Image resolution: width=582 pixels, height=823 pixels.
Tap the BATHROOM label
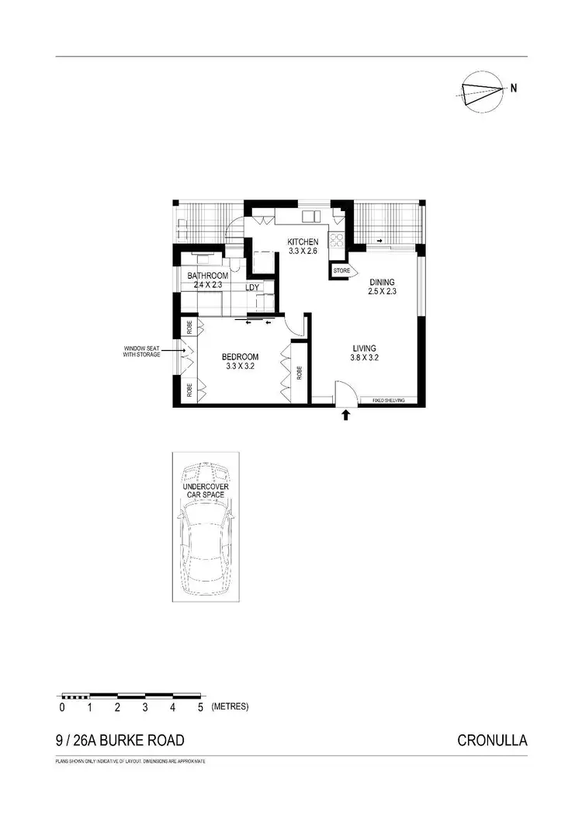[x=207, y=276]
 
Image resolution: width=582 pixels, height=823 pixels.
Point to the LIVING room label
[x=363, y=349]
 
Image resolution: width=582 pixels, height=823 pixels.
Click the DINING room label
[x=383, y=282]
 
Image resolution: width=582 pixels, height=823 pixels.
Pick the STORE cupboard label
[x=341, y=271]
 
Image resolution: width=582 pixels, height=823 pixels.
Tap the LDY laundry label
[x=252, y=287]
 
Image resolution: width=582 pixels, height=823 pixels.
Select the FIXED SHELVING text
[x=389, y=401]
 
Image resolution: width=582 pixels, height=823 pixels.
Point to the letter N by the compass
[x=514, y=88]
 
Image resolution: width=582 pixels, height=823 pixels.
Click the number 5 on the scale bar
[x=200, y=707]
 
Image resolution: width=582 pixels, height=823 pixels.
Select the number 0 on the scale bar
[x=62, y=707]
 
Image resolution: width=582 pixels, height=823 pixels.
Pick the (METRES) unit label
[x=229, y=707]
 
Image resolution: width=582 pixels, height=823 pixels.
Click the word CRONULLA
[x=493, y=740]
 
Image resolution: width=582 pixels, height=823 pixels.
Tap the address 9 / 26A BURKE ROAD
[x=120, y=740]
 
